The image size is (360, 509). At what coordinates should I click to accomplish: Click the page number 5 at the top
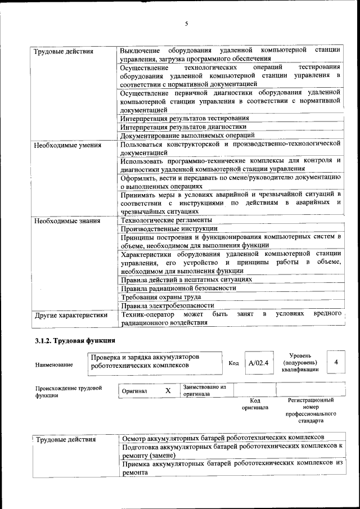(186, 24)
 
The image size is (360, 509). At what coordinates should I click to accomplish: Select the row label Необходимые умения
(67, 145)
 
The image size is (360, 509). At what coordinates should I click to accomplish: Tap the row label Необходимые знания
(67, 221)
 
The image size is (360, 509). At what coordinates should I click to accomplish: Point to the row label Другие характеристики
(71, 316)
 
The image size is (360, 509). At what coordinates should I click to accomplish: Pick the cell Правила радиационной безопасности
(178, 288)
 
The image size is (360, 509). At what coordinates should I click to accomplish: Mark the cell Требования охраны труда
(161, 297)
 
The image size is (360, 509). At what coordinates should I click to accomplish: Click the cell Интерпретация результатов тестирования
(185, 118)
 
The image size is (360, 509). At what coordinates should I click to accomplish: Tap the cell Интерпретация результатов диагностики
(183, 127)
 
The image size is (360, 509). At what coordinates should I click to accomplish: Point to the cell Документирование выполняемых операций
(188, 135)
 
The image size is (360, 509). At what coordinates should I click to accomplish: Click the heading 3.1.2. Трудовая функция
(75, 341)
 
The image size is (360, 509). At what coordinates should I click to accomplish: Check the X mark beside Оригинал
(168, 390)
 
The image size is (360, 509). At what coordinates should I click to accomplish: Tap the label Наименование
(54, 365)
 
